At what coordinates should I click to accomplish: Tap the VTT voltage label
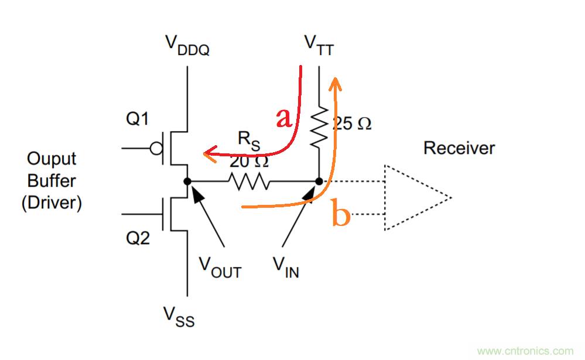(x=319, y=44)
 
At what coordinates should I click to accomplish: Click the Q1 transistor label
(x=137, y=119)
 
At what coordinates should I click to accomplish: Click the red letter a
(x=283, y=119)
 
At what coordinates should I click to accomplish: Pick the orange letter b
(x=341, y=214)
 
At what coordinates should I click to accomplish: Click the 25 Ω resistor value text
(x=351, y=124)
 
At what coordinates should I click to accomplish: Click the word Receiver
(x=459, y=148)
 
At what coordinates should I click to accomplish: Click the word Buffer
(x=52, y=181)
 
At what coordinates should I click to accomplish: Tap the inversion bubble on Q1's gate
(x=156, y=149)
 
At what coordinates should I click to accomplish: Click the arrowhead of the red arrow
(x=207, y=154)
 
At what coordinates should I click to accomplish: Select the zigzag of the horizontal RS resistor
(x=249, y=181)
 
